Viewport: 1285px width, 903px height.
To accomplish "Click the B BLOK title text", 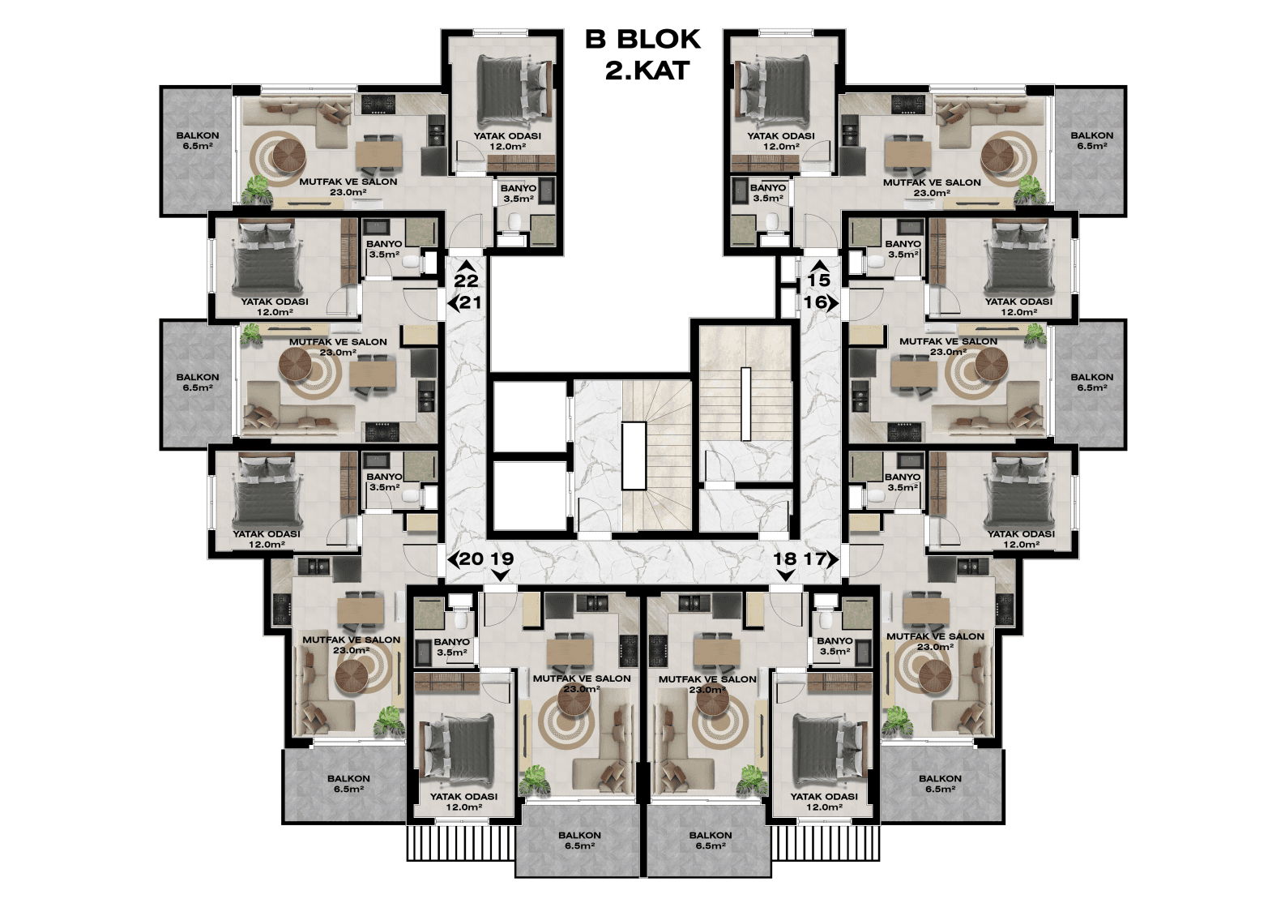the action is (x=642, y=40).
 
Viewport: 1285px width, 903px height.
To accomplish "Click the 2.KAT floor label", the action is (x=647, y=71).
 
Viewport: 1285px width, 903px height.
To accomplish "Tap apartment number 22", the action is (x=466, y=280).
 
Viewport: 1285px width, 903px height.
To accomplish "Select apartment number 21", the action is (x=470, y=302).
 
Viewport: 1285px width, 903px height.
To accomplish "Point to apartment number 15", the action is (x=819, y=280).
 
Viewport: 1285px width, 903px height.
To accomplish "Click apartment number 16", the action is (x=815, y=302).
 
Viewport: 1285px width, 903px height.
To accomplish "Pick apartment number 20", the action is (x=471, y=558).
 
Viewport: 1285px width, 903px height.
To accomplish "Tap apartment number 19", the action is (x=502, y=558).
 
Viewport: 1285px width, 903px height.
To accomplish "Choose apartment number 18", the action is (x=784, y=558).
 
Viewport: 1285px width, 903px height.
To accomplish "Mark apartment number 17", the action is (x=814, y=558).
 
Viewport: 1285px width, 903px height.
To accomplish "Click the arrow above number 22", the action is (x=466, y=265).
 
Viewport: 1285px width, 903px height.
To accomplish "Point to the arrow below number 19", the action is (x=502, y=575).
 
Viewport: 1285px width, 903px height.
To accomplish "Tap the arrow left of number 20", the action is (x=453, y=558).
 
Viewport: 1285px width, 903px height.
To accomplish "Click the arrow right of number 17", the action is (x=833, y=558).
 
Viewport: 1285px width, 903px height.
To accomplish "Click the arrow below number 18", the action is (x=784, y=575).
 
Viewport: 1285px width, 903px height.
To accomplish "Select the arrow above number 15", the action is (x=819, y=265).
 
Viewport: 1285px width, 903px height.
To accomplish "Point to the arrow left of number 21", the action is (x=453, y=302).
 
